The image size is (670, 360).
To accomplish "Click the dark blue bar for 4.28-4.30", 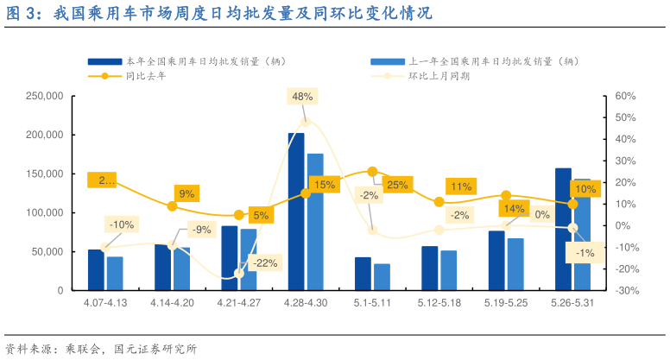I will point(296,212).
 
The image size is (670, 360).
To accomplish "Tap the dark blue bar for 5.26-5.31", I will point(563,229).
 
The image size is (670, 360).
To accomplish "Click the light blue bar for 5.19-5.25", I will point(515,263).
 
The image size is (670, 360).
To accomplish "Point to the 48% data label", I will point(302,97).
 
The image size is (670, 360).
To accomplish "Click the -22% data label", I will point(266,262).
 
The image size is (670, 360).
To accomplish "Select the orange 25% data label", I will point(397,185).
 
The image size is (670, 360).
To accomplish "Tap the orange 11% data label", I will point(461,186).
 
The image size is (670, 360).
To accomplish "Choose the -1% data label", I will point(586,253).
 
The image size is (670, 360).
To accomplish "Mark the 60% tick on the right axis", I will point(626,96).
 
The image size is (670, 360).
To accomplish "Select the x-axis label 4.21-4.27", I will point(238,303).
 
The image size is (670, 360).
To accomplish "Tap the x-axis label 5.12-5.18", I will point(439,303).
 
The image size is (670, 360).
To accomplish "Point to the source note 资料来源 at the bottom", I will point(101,349).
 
